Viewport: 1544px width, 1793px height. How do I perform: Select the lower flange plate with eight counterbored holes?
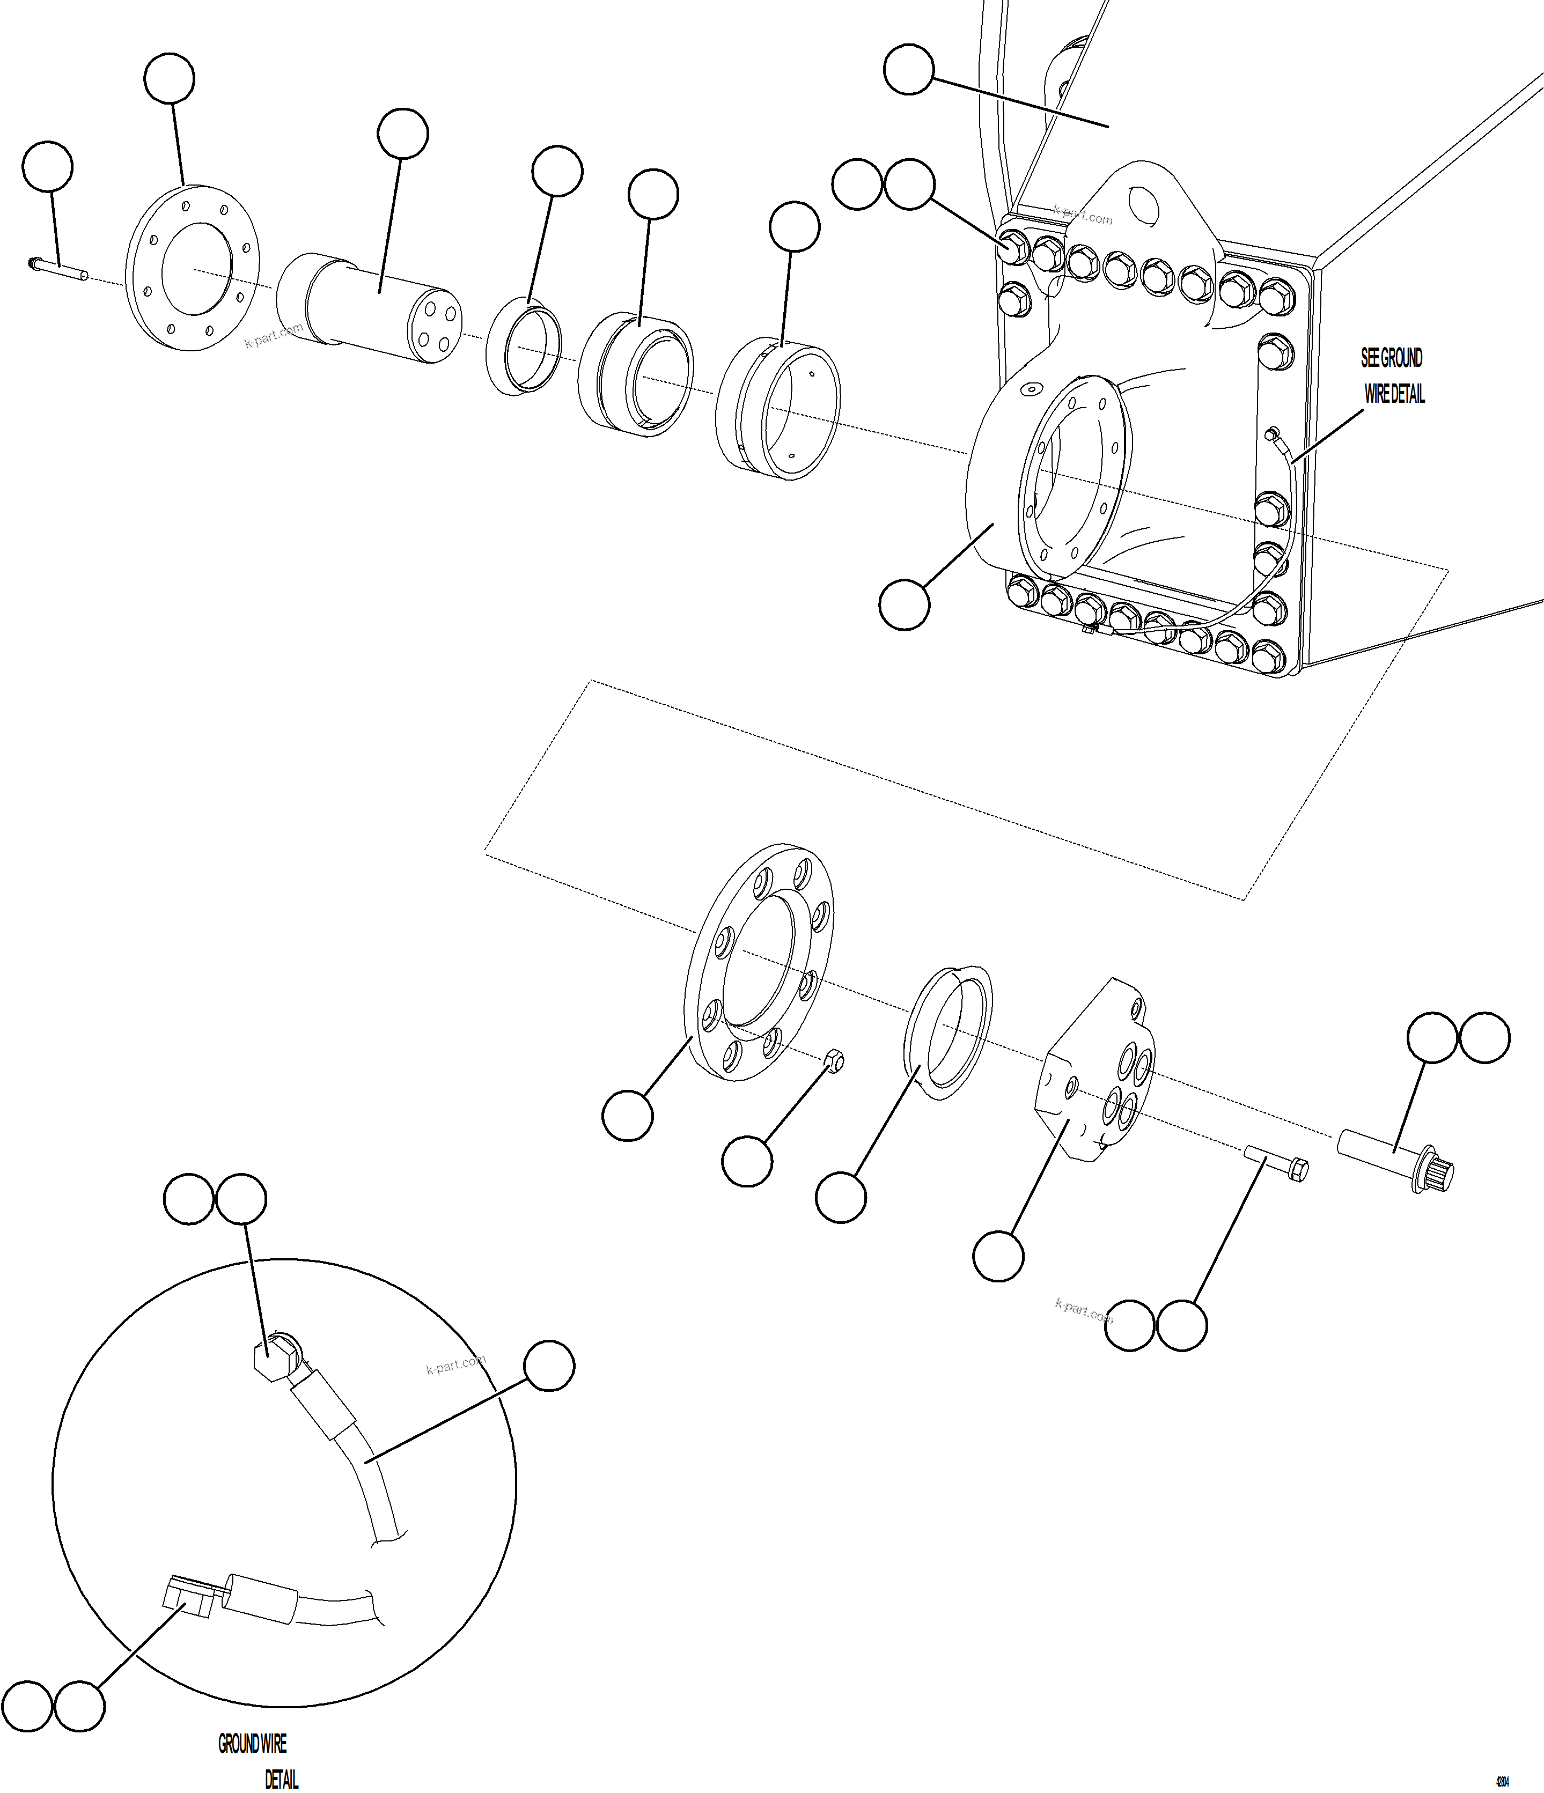point(760,962)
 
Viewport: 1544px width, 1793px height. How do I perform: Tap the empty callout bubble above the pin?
point(47,166)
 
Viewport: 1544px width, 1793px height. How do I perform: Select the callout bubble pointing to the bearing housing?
point(905,604)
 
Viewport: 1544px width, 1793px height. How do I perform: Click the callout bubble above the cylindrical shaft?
point(402,134)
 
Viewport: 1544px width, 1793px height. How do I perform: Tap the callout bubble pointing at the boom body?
point(909,70)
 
